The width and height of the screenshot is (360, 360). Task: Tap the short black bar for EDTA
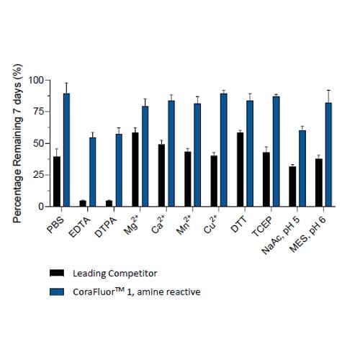(83, 202)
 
